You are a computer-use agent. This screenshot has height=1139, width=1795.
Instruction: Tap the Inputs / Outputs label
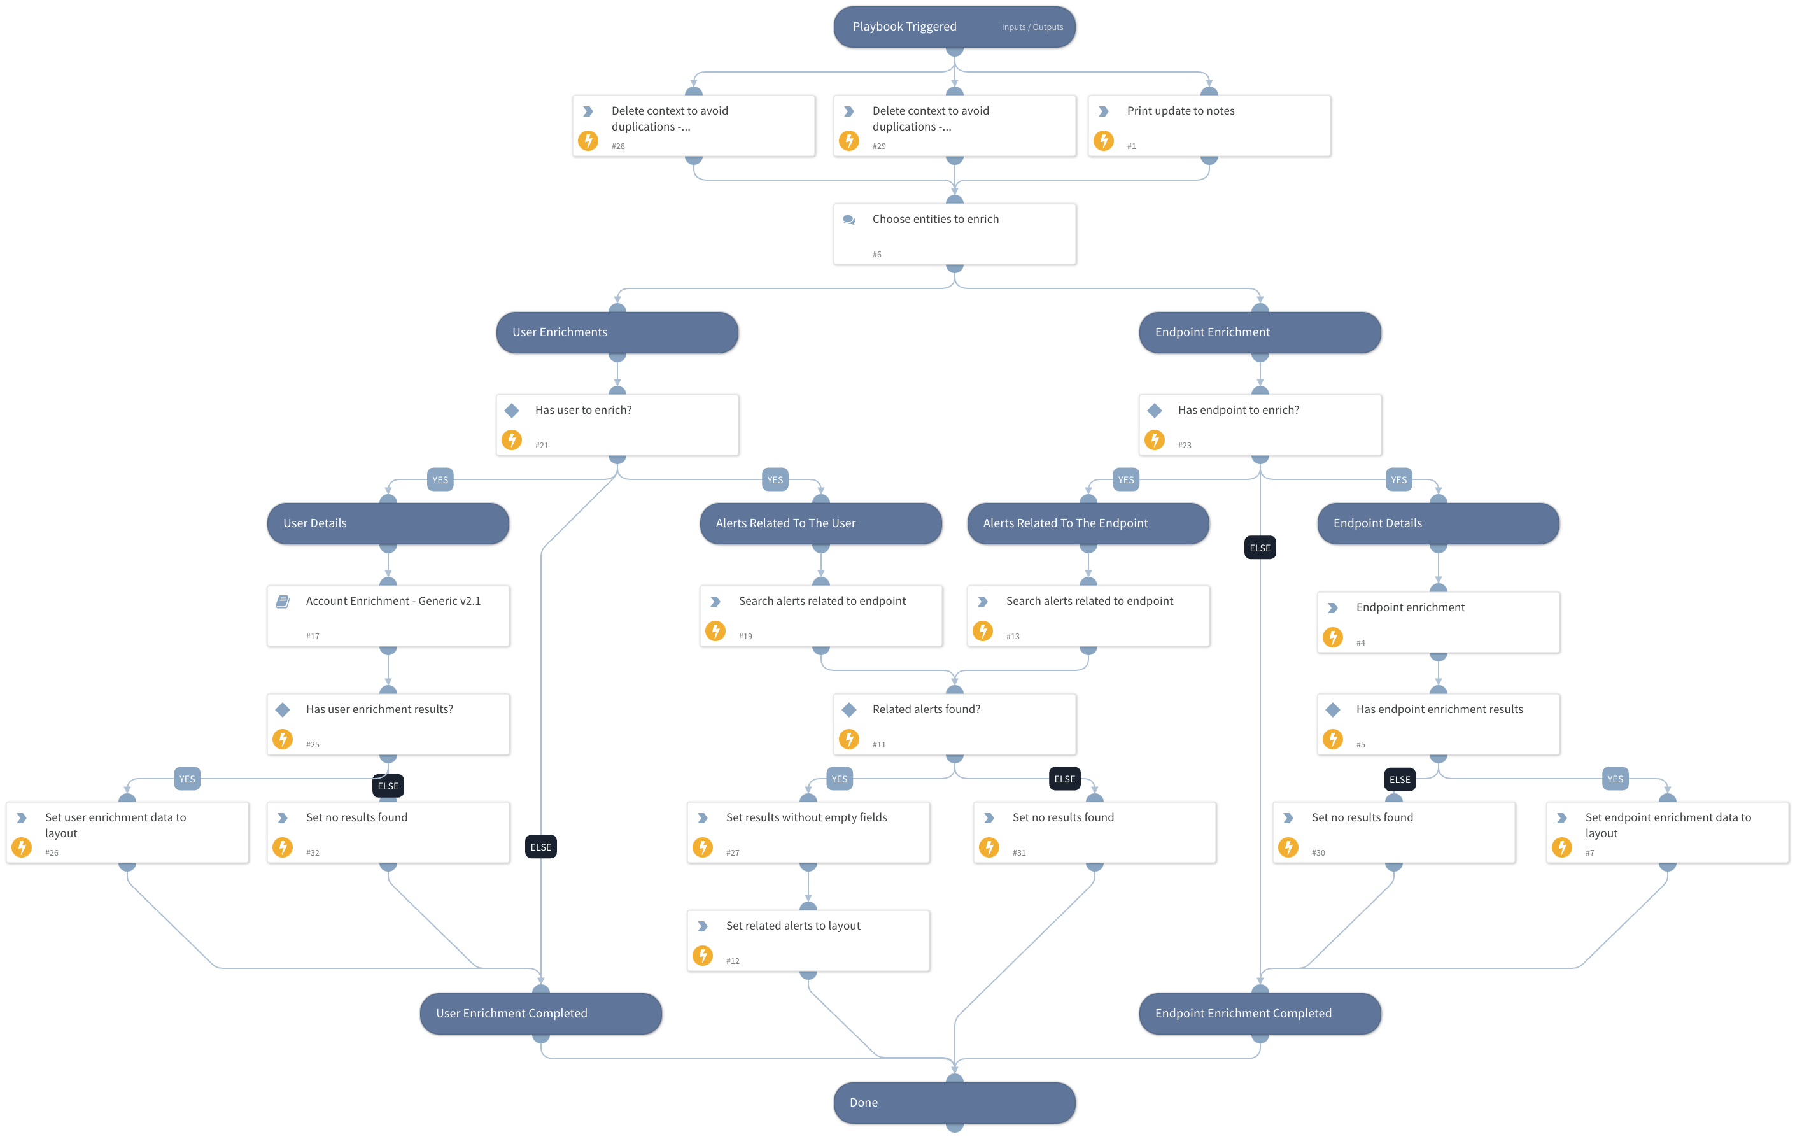coord(1032,27)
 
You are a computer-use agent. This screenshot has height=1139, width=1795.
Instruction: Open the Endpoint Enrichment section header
coord(1259,332)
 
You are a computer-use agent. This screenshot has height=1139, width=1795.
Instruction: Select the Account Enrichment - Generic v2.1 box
coord(388,616)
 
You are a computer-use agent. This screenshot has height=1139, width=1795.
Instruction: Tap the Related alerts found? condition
coord(954,724)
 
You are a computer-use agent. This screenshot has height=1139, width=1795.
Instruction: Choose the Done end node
coord(954,1103)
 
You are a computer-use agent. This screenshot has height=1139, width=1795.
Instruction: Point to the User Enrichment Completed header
coord(540,1014)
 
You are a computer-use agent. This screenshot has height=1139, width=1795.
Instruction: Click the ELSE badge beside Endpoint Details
coord(1260,548)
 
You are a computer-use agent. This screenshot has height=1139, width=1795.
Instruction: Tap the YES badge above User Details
coord(440,480)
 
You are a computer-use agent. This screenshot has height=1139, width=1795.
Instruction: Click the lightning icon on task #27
coord(702,847)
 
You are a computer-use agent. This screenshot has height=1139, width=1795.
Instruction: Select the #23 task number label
coord(1184,446)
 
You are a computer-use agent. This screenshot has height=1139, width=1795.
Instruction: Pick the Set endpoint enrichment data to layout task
coord(1667,833)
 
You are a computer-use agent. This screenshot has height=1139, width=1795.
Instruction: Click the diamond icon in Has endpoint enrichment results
coord(1333,710)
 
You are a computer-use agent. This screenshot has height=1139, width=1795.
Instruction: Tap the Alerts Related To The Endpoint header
coord(1088,523)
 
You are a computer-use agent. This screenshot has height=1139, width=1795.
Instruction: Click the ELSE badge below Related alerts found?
coord(1064,779)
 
